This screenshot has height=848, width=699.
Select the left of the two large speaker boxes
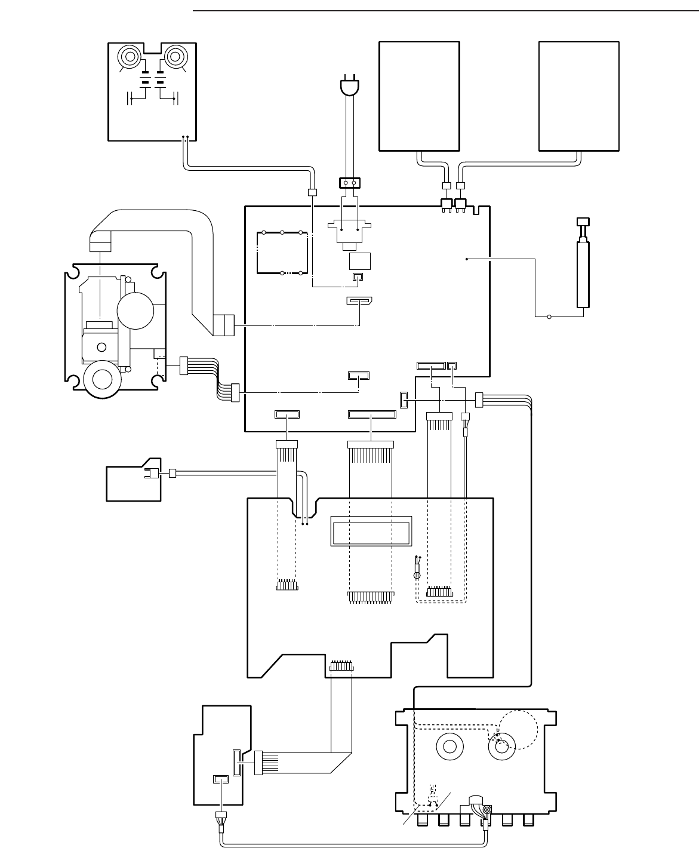(x=420, y=96)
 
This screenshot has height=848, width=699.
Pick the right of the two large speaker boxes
(x=578, y=96)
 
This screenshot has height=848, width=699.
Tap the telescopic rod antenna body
(x=583, y=272)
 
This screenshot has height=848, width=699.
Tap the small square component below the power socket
(x=359, y=262)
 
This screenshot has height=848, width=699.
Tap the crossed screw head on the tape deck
(x=486, y=809)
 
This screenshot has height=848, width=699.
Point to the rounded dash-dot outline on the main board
(x=281, y=253)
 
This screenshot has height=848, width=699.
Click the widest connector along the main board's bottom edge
(x=371, y=414)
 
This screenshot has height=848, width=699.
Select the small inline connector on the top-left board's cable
(x=311, y=192)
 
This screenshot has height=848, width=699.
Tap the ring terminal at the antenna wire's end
(x=549, y=317)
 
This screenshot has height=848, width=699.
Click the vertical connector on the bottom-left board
(x=236, y=763)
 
